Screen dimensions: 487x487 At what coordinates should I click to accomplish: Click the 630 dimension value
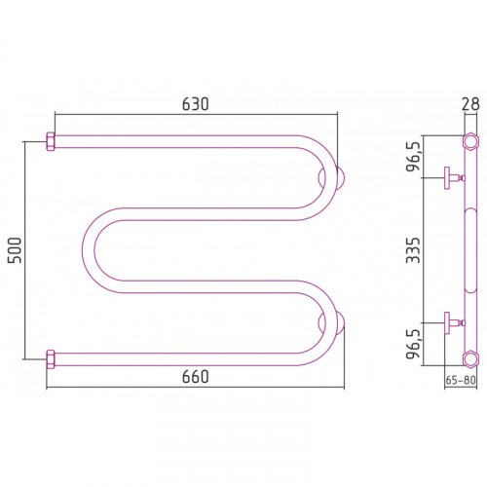coord(195,104)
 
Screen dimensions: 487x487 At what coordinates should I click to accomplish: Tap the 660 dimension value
coord(195,377)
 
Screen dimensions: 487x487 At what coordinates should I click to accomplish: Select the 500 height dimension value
coord(15,250)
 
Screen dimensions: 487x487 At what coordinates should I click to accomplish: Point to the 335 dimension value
coord(413,250)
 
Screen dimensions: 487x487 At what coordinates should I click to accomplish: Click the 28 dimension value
coord(470,104)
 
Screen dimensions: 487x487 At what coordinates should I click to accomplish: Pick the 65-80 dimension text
coord(461,380)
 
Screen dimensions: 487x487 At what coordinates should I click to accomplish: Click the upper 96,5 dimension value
coord(413,157)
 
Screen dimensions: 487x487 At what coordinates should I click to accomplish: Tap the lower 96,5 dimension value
coord(413,344)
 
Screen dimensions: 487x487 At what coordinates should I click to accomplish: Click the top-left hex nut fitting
coord(51,141)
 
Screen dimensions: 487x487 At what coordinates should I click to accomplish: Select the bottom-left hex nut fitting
coord(51,359)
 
